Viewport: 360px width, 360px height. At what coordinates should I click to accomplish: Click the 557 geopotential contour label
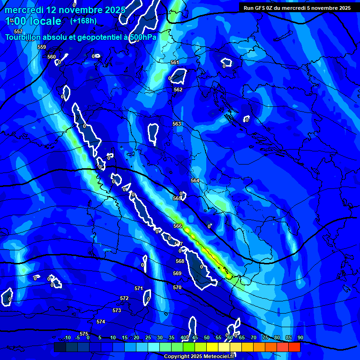[18, 31]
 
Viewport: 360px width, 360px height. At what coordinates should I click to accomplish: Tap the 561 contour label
[175, 62]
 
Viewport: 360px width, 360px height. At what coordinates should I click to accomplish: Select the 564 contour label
[195, 180]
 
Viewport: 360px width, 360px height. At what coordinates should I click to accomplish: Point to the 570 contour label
[177, 287]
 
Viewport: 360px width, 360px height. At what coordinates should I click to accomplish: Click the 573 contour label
[117, 310]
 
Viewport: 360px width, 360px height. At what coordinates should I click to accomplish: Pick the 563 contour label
[177, 124]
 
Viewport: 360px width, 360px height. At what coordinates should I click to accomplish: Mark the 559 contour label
[42, 47]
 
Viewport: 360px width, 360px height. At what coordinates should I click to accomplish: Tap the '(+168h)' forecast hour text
[83, 21]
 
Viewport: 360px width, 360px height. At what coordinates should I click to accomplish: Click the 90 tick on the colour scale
[300, 337]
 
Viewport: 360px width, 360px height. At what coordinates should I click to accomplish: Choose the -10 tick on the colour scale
[67, 337]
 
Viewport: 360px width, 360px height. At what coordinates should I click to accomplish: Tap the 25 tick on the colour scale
[148, 337]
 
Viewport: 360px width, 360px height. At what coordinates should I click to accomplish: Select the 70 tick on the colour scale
[254, 337]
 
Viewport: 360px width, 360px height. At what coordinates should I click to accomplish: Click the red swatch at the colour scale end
[294, 347]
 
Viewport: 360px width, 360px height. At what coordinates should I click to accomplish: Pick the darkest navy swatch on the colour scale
[60, 347]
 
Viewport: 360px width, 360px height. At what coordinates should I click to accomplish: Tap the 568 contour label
[180, 261]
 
